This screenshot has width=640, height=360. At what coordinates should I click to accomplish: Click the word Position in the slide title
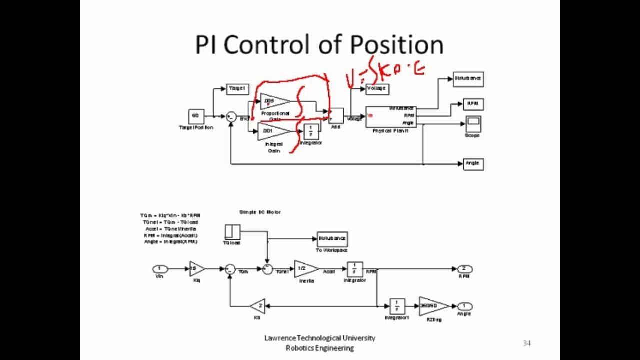coord(396,45)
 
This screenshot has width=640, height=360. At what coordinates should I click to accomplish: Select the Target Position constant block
coord(196,116)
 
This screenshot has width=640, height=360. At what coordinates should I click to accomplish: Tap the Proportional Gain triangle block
coord(274,101)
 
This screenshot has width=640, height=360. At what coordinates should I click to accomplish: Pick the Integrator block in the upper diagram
coord(311,131)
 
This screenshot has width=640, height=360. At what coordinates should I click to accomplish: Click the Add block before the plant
coord(336,115)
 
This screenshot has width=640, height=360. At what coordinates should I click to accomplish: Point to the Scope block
coord(473,123)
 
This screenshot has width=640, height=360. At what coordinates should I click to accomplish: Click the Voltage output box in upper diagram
coord(377,89)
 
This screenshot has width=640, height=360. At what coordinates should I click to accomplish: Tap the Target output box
coord(237,89)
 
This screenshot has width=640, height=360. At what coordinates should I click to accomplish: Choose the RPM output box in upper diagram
coord(473,104)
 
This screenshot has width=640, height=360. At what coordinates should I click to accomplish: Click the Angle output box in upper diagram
coord(473,163)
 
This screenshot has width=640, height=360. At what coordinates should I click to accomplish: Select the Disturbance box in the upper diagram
coord(468,79)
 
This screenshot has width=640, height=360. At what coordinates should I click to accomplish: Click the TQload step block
coord(232,232)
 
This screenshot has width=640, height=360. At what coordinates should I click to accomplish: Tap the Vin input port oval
coord(160,269)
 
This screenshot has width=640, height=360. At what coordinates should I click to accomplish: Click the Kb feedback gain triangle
coord(258,306)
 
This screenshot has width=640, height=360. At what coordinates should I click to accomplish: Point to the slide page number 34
coord(527,343)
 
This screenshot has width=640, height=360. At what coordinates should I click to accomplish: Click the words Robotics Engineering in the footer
coord(320,348)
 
